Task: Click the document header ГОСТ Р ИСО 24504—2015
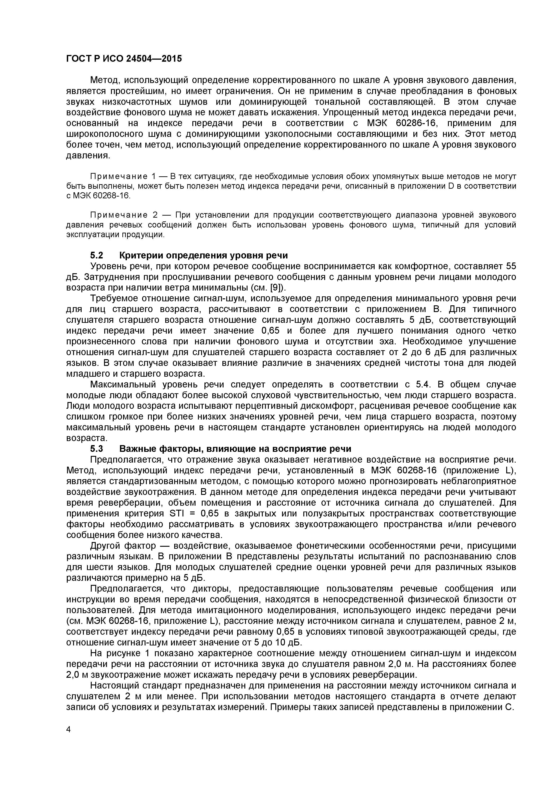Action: pos(124,59)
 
